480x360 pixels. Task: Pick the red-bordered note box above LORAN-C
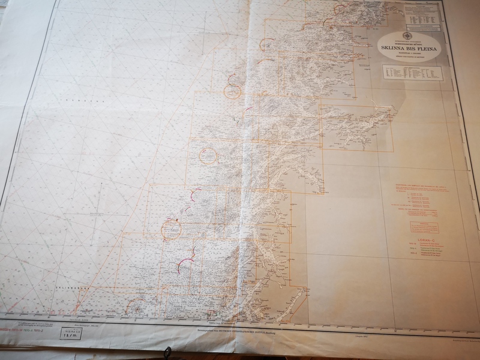424,227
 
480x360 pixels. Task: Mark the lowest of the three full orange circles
171,229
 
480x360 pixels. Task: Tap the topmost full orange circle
233,92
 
